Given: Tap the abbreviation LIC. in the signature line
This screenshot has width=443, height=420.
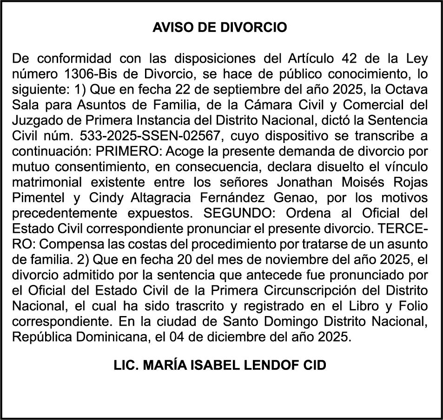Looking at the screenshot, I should point(126,365).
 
